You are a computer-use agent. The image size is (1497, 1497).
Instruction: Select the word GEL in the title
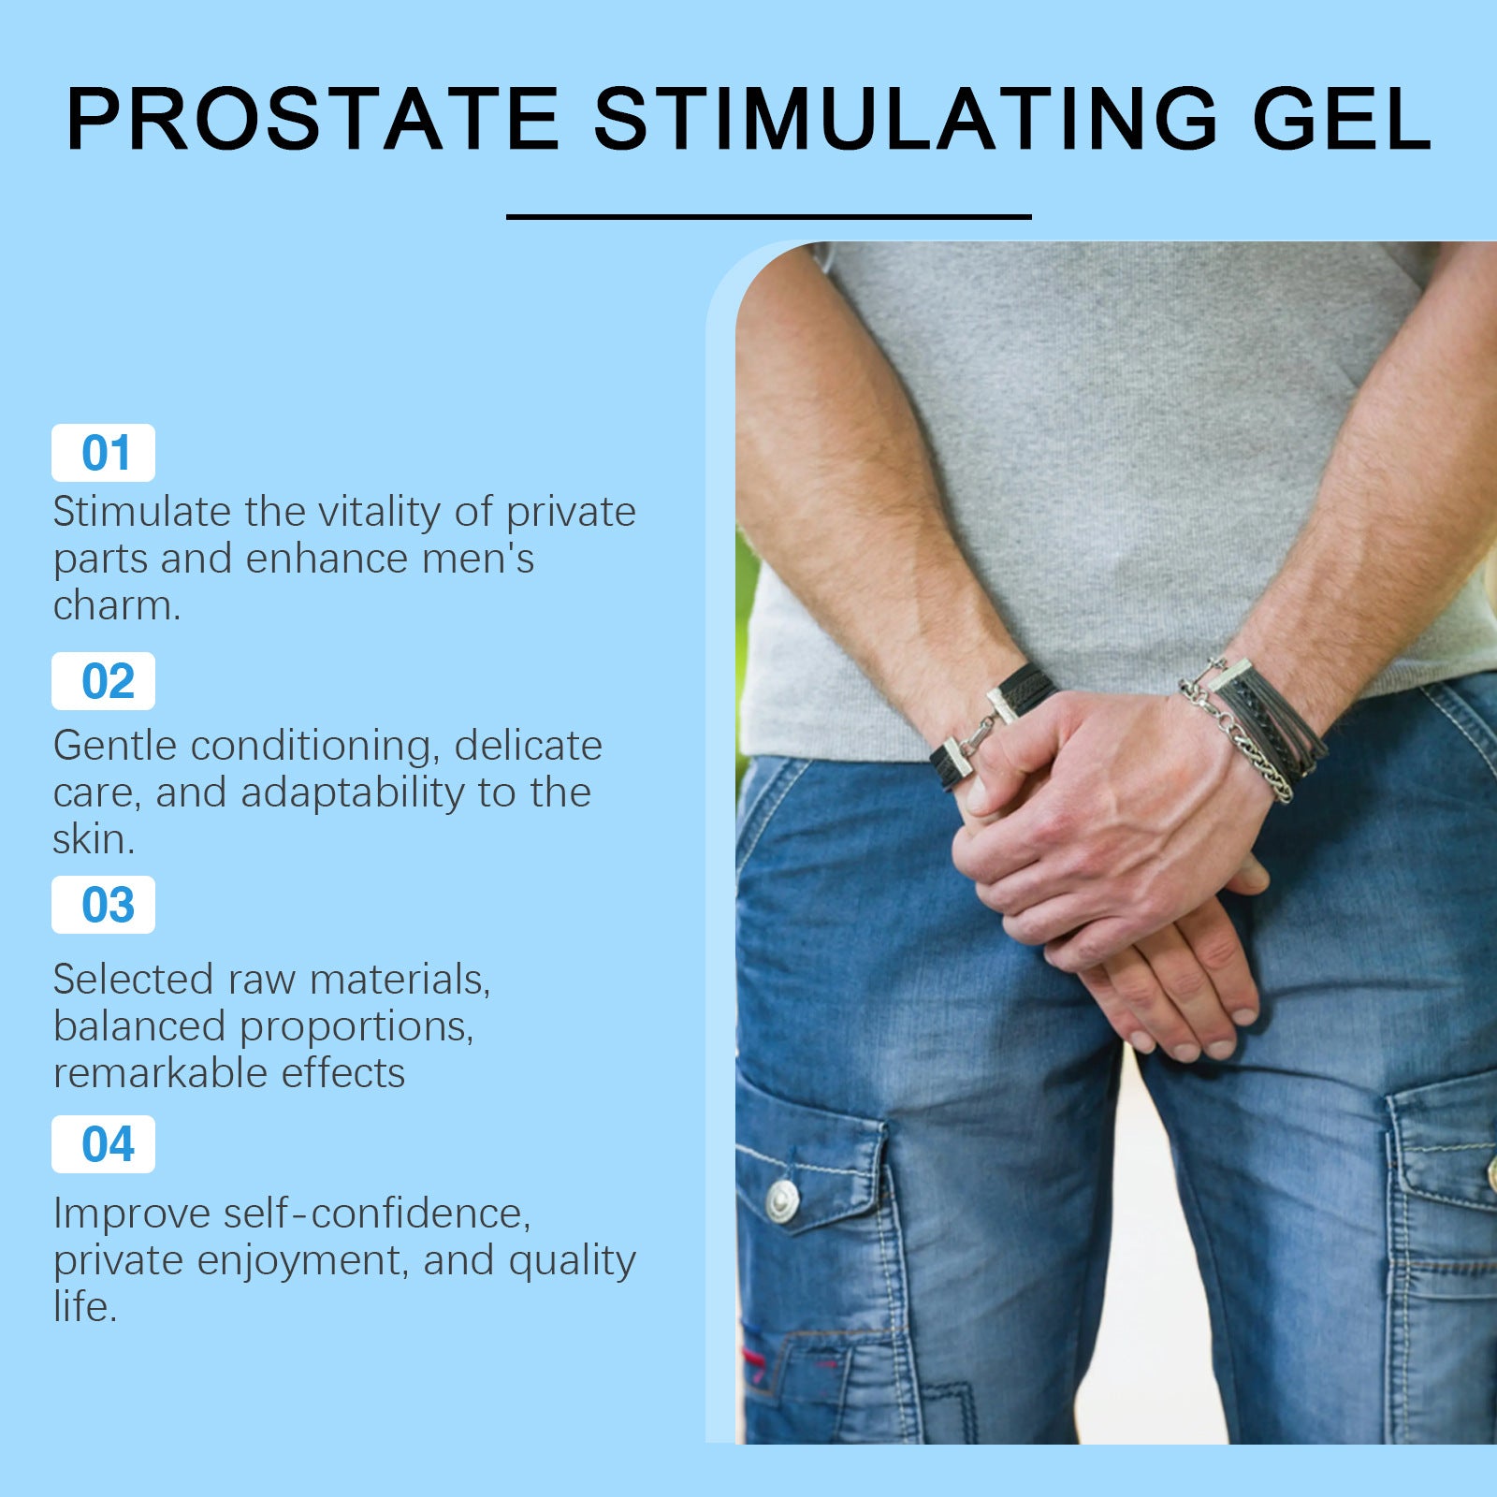click(x=1341, y=119)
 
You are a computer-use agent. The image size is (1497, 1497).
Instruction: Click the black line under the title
click(x=768, y=217)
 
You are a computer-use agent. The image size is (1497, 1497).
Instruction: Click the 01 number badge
click(x=103, y=453)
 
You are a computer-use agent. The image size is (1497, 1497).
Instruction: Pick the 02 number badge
click(x=103, y=681)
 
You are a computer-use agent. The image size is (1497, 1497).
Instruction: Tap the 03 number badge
click(x=103, y=905)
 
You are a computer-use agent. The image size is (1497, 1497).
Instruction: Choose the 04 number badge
click(x=103, y=1144)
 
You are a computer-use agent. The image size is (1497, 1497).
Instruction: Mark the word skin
click(x=93, y=839)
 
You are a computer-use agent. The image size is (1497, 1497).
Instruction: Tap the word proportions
click(x=356, y=1027)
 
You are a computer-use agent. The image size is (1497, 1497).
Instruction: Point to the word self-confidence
click(x=376, y=1214)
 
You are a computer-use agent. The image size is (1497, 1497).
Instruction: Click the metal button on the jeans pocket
click(x=782, y=1199)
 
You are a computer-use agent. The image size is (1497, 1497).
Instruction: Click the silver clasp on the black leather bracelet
click(x=1003, y=704)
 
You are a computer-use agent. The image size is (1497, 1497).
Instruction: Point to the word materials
click(x=400, y=980)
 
